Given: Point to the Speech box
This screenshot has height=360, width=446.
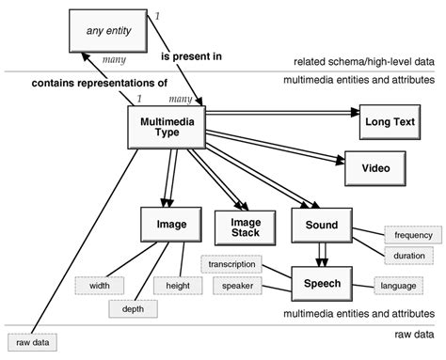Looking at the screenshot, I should pyautogui.click(x=322, y=282).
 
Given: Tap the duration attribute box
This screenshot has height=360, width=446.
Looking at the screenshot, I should pyautogui.click(x=408, y=255).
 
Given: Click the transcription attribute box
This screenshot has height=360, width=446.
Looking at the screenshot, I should pyautogui.click(x=231, y=265).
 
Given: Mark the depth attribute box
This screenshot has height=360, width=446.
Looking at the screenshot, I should pyautogui.click(x=134, y=308).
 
